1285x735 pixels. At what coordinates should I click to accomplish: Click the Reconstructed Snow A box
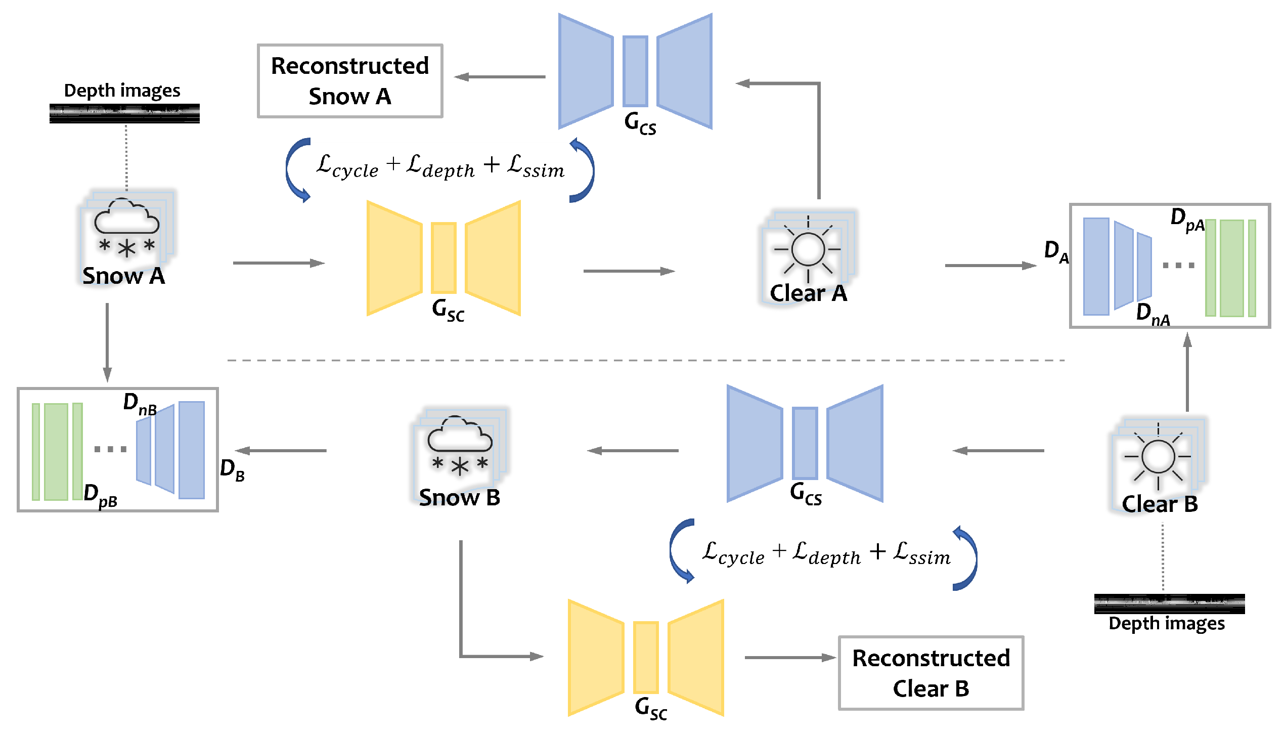tap(350, 81)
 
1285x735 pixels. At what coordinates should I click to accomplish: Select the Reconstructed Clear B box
tap(930, 673)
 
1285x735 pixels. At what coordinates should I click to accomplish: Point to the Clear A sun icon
tap(808, 249)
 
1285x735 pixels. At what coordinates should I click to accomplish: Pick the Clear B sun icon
tap(1158, 456)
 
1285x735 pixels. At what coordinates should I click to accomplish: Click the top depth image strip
tap(124, 113)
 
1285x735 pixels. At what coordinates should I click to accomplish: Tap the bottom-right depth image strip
tap(1169, 603)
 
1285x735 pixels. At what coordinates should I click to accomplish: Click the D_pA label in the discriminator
tap(1187, 219)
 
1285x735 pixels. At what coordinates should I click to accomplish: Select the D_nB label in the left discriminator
tap(140, 404)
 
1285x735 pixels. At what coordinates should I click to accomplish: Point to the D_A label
tap(1056, 251)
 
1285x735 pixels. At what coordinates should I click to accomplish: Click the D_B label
tap(232, 469)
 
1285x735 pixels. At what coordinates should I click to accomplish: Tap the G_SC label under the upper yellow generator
tap(448, 310)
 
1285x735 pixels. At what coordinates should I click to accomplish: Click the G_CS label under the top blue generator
tap(640, 123)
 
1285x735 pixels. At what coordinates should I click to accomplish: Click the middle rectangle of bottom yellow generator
tap(646, 657)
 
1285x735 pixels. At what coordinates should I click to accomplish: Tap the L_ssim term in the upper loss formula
tap(536, 166)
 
